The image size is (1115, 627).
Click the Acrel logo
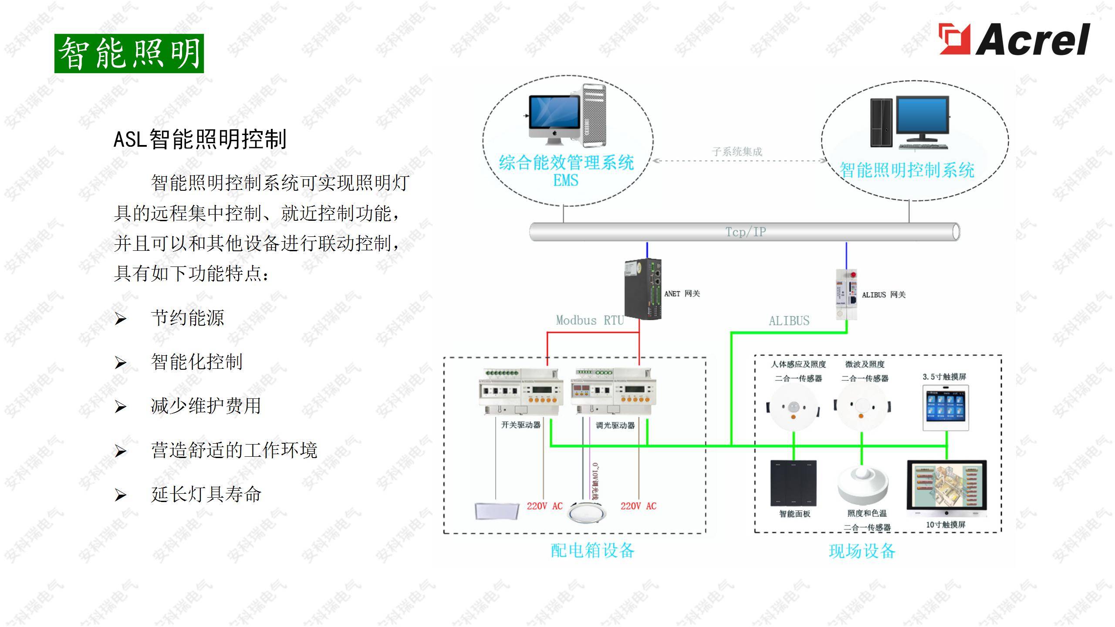click(x=1014, y=40)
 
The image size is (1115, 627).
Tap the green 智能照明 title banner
click(x=129, y=54)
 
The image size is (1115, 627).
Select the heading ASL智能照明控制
click(x=200, y=139)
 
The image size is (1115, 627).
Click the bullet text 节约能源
click(x=187, y=318)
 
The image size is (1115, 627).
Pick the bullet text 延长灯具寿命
click(x=206, y=494)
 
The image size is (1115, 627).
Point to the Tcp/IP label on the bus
click(x=745, y=232)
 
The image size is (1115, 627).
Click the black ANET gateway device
click(x=643, y=289)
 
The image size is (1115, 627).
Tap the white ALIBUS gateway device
click(x=846, y=294)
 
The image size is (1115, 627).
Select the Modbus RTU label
click(x=590, y=320)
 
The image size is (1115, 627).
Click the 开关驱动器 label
click(x=520, y=425)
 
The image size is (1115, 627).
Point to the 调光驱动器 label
click(x=615, y=425)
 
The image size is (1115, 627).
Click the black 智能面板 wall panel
click(x=794, y=483)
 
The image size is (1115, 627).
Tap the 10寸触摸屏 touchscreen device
click(x=946, y=489)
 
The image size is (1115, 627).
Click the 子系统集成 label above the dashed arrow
click(x=737, y=152)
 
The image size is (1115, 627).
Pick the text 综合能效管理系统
click(x=566, y=163)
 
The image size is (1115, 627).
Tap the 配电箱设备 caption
click(x=592, y=551)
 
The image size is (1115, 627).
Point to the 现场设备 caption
click(x=862, y=551)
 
